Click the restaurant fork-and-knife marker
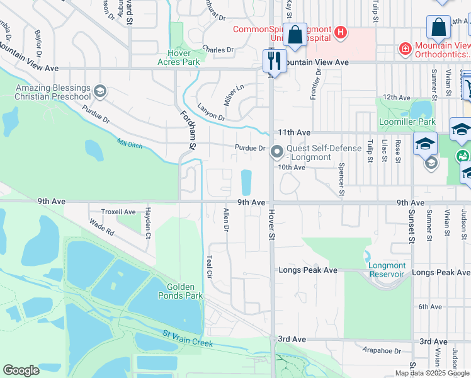[x=272, y=60]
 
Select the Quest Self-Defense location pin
[x=276, y=152]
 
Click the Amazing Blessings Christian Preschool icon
[x=99, y=92]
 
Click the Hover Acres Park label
[x=183, y=57]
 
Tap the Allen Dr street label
[x=225, y=220]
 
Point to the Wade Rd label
[x=101, y=227]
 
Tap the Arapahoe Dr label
[x=382, y=350]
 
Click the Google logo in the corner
[x=21, y=370]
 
